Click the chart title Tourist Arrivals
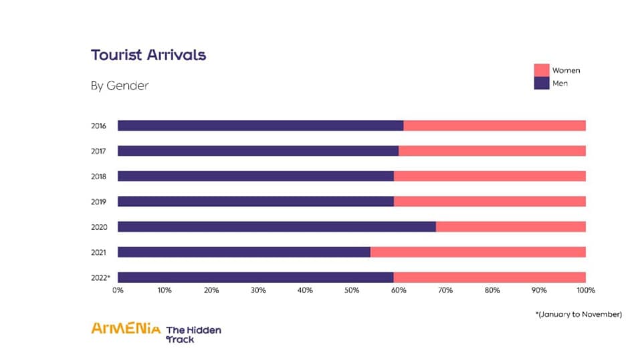(x=148, y=55)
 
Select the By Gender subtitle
(x=120, y=86)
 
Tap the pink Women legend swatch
(x=541, y=70)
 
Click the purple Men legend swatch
(x=541, y=84)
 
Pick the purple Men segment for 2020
(x=277, y=227)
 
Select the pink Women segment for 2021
(x=478, y=252)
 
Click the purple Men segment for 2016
(x=261, y=126)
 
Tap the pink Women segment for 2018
(x=490, y=176)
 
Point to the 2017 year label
(x=99, y=151)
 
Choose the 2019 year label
(x=99, y=201)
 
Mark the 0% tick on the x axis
(x=118, y=290)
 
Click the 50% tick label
(x=352, y=290)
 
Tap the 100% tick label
(x=586, y=290)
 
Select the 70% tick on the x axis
(x=445, y=290)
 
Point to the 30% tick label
(x=258, y=290)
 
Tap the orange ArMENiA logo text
(x=126, y=328)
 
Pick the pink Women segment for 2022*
(x=490, y=277)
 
